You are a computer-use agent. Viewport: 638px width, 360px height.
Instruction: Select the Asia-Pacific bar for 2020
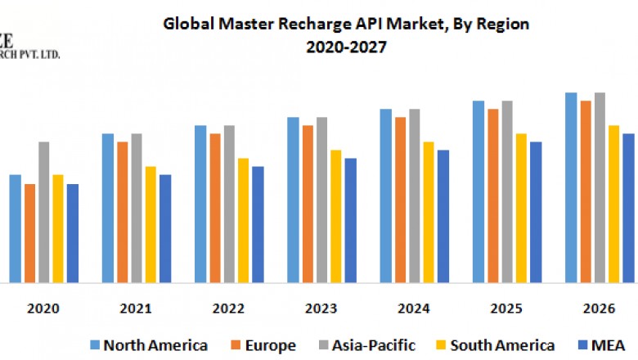click(44, 212)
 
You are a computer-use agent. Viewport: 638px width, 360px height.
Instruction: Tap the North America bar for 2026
click(571, 187)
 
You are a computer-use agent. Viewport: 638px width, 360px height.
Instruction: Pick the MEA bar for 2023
click(350, 220)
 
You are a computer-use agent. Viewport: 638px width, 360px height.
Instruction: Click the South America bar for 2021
click(151, 224)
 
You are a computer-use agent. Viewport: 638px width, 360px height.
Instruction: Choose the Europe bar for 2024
click(400, 200)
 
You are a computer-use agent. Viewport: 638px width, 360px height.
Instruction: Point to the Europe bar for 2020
click(29, 233)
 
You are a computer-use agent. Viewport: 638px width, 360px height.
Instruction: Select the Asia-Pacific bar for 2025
click(507, 191)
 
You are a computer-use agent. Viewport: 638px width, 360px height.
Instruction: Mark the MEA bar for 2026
click(628, 208)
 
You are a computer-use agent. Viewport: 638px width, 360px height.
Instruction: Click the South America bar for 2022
click(243, 220)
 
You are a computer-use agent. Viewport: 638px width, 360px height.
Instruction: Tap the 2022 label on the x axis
click(228, 309)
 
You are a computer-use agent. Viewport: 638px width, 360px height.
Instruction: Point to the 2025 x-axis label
click(506, 309)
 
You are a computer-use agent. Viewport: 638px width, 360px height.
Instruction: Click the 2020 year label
click(43, 309)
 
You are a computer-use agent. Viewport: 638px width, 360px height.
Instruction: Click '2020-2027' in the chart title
click(347, 47)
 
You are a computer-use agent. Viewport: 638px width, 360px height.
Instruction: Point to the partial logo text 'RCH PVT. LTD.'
click(30, 55)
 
